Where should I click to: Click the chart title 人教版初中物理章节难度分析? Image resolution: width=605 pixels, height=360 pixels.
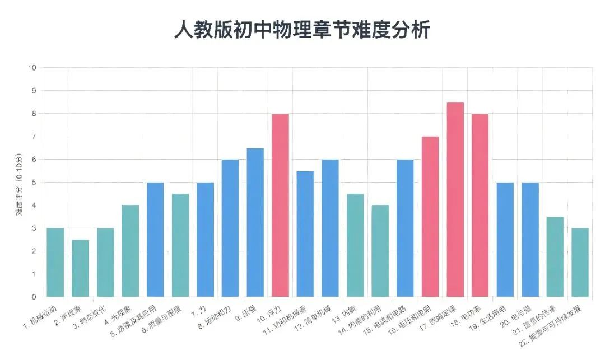(302, 30)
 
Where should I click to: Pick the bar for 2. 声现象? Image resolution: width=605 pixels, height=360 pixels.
(80, 268)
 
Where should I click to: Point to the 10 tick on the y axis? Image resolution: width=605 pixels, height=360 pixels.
(32, 68)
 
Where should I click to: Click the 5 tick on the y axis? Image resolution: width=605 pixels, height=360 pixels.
(34, 183)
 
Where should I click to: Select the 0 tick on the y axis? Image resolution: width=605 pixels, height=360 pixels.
(34, 297)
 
